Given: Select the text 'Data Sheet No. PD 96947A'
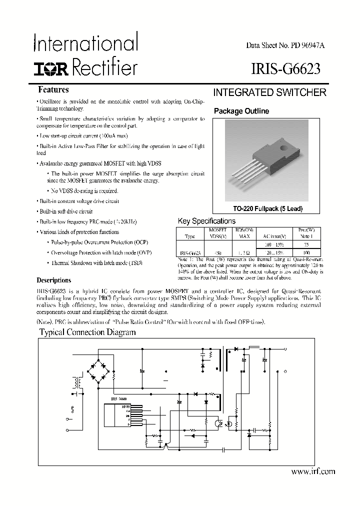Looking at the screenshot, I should (x=285, y=45).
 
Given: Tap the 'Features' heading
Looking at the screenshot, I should (x=53, y=90).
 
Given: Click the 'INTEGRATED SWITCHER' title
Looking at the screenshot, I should (x=270, y=92).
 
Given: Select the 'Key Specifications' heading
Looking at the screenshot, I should (x=206, y=220).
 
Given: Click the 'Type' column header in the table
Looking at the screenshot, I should (x=190, y=235).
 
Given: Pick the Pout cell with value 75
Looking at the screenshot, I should (x=299, y=244).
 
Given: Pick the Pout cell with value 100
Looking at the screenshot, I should (x=299, y=253).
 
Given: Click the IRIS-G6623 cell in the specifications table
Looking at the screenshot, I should (x=190, y=253).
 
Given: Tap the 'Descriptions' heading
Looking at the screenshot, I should (x=54, y=280).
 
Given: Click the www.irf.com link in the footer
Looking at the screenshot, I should (x=312, y=471).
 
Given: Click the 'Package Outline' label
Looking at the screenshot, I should (x=241, y=111).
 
